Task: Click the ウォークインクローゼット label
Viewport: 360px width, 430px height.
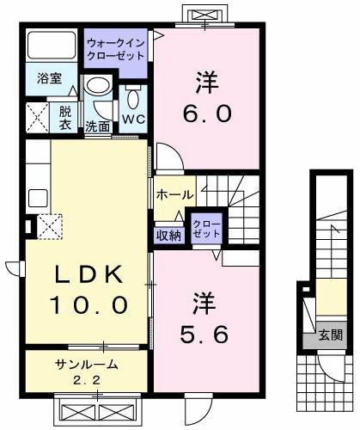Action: point(117,48)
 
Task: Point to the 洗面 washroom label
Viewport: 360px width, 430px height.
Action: point(96,126)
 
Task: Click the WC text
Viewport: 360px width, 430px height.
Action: point(132,119)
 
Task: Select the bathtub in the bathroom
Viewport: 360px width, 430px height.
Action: point(50,46)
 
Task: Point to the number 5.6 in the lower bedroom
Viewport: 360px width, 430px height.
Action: point(206,332)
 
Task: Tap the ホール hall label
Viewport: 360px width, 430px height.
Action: point(174,195)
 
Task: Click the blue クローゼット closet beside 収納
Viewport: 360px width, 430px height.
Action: point(206,229)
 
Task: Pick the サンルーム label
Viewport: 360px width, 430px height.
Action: point(82,364)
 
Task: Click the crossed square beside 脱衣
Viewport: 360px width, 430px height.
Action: point(37,115)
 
